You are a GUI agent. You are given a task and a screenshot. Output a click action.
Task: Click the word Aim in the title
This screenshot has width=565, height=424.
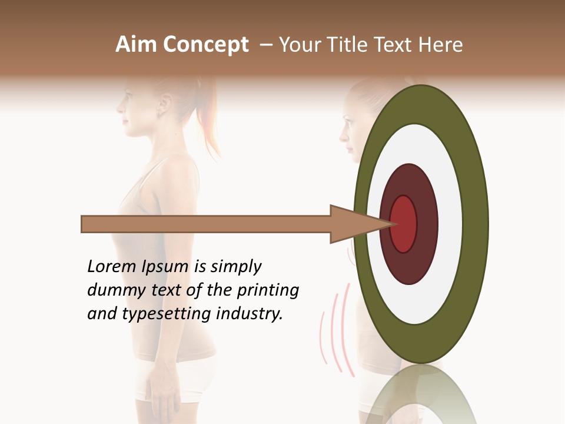[137, 45]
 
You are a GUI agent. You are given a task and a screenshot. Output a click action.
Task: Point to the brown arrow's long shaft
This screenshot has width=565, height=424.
[206, 224]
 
